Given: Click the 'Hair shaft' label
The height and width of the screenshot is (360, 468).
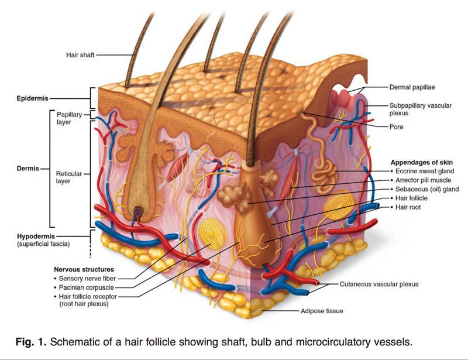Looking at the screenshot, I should point(80,55).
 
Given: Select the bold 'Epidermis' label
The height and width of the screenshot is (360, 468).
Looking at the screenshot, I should point(32,98).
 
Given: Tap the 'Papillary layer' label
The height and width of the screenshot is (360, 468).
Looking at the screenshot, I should point(69,118).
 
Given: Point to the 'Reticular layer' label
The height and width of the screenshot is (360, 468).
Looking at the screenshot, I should point(69,177).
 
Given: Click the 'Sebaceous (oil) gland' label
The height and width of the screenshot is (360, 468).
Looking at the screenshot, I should point(426,189).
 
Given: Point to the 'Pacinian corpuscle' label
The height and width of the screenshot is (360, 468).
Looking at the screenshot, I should point(86,287).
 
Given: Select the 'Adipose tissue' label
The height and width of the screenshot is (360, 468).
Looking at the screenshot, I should point(322,311).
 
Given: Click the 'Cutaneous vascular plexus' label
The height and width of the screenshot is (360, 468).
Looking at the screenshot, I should point(378,284).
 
